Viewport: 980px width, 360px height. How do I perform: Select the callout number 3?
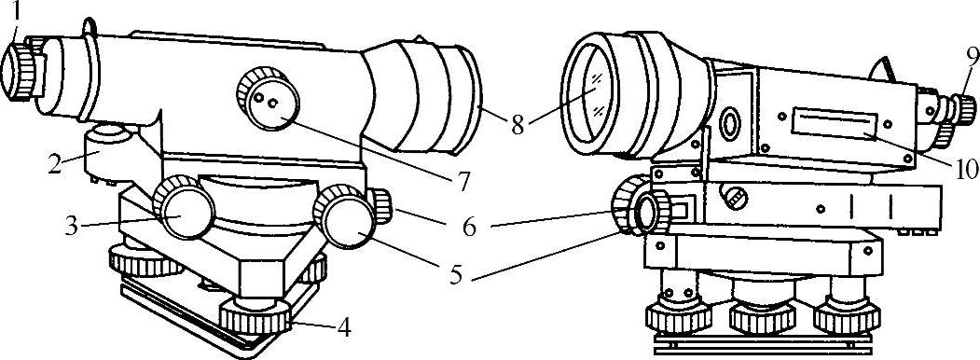pyautogui.click(x=72, y=226)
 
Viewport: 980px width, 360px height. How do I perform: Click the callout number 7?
pyautogui.click(x=462, y=182)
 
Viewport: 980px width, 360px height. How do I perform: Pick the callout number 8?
pyautogui.click(x=517, y=124)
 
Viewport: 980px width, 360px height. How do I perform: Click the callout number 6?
pyautogui.click(x=469, y=228)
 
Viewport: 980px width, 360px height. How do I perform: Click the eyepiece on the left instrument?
pyautogui.click(x=20, y=72)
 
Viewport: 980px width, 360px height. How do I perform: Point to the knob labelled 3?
pyautogui.click(x=184, y=207)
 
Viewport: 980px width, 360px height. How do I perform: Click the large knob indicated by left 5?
pyautogui.click(x=345, y=216)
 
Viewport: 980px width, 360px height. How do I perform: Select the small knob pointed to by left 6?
pyautogui.click(x=380, y=206)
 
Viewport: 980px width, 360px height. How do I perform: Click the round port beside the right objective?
pyautogui.click(x=729, y=124)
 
